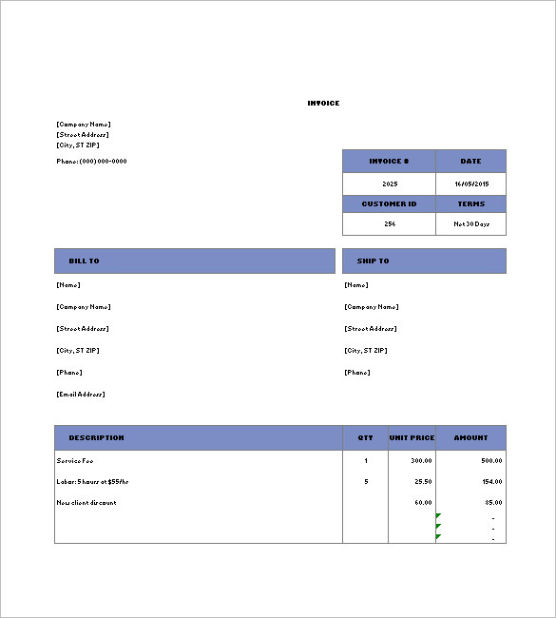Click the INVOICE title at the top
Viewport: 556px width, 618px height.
(x=323, y=103)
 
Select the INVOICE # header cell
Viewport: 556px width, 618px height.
(x=389, y=161)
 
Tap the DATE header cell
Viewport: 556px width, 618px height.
(x=470, y=161)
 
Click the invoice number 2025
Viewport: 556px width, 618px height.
(x=390, y=183)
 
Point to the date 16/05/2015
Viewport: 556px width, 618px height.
(x=470, y=183)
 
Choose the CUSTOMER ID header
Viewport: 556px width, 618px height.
(x=389, y=203)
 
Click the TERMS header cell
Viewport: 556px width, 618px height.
(x=470, y=203)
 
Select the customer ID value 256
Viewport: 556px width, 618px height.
(x=390, y=223)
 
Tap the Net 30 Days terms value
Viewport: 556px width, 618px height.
(x=470, y=223)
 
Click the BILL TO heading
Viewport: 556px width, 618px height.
(x=84, y=261)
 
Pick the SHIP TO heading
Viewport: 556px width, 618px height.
(x=373, y=261)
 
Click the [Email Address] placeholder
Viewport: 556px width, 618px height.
(x=81, y=394)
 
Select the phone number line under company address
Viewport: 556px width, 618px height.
(x=91, y=161)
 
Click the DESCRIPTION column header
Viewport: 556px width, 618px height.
(x=96, y=437)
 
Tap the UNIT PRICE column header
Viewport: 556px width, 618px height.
(x=412, y=437)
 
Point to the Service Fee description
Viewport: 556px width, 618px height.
(x=75, y=460)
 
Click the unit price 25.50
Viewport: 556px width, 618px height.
(x=423, y=481)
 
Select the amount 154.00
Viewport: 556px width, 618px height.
(x=491, y=481)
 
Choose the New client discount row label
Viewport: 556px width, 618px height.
(x=86, y=502)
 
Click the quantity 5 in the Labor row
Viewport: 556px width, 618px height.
(x=366, y=481)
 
